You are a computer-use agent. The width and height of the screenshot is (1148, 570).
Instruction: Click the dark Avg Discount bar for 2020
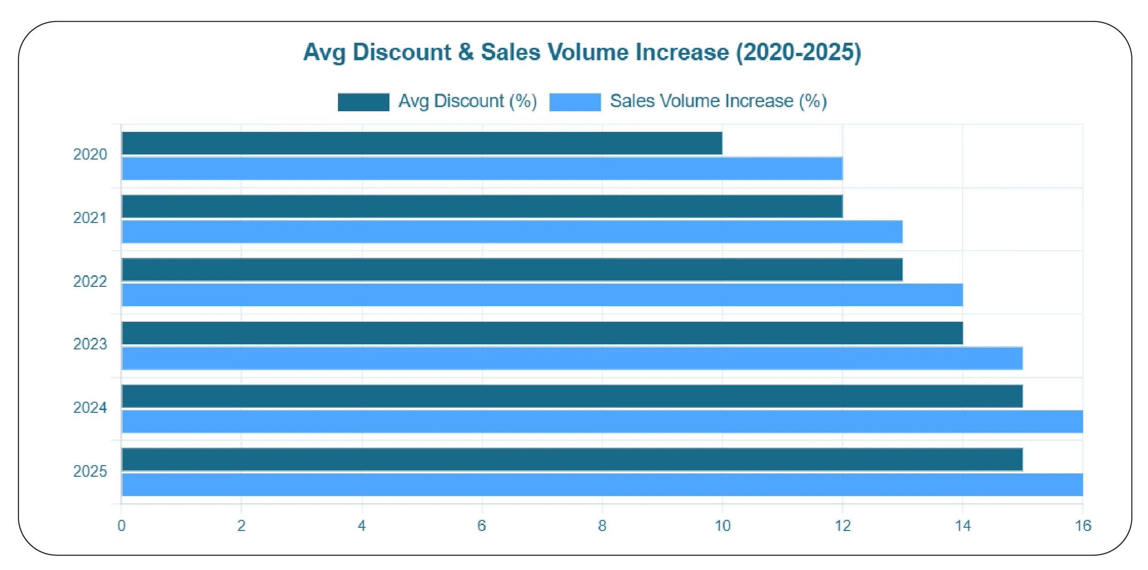coord(422,143)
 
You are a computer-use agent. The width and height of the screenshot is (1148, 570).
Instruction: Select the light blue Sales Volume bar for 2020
coord(482,169)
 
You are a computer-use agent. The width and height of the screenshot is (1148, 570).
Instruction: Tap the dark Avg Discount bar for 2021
coord(482,206)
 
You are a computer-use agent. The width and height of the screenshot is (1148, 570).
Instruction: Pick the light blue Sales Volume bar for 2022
coord(542,295)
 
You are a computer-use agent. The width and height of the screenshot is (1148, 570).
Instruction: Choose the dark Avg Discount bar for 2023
coord(542,333)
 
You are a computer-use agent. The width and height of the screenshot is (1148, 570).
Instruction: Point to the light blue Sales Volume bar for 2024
coord(602,422)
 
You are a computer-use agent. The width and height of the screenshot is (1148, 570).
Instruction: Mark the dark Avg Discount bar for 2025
coord(572,460)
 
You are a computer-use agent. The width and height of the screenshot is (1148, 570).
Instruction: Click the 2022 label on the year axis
coord(90,281)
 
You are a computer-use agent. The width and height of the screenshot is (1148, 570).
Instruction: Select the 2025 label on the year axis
coord(90,472)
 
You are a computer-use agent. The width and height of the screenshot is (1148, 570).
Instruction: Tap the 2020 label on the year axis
coord(90,154)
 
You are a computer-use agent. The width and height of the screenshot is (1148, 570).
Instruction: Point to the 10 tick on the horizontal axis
coord(722,526)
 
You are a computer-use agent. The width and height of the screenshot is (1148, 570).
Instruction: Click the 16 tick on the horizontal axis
coord(1083,526)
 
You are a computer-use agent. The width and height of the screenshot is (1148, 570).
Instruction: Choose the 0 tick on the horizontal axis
coord(121,526)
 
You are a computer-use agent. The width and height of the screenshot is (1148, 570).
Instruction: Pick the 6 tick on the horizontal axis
coord(482,526)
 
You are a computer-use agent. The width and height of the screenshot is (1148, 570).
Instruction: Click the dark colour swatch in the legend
coord(363,102)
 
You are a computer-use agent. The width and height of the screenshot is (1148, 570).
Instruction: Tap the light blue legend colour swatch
coord(575,102)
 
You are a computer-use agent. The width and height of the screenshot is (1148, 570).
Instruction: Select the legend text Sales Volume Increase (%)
coord(718,101)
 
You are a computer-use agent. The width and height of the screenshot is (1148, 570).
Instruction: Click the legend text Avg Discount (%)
coord(468,101)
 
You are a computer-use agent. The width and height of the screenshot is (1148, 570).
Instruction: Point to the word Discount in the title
coord(402,52)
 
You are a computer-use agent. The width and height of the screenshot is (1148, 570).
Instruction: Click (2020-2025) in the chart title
coord(799,52)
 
